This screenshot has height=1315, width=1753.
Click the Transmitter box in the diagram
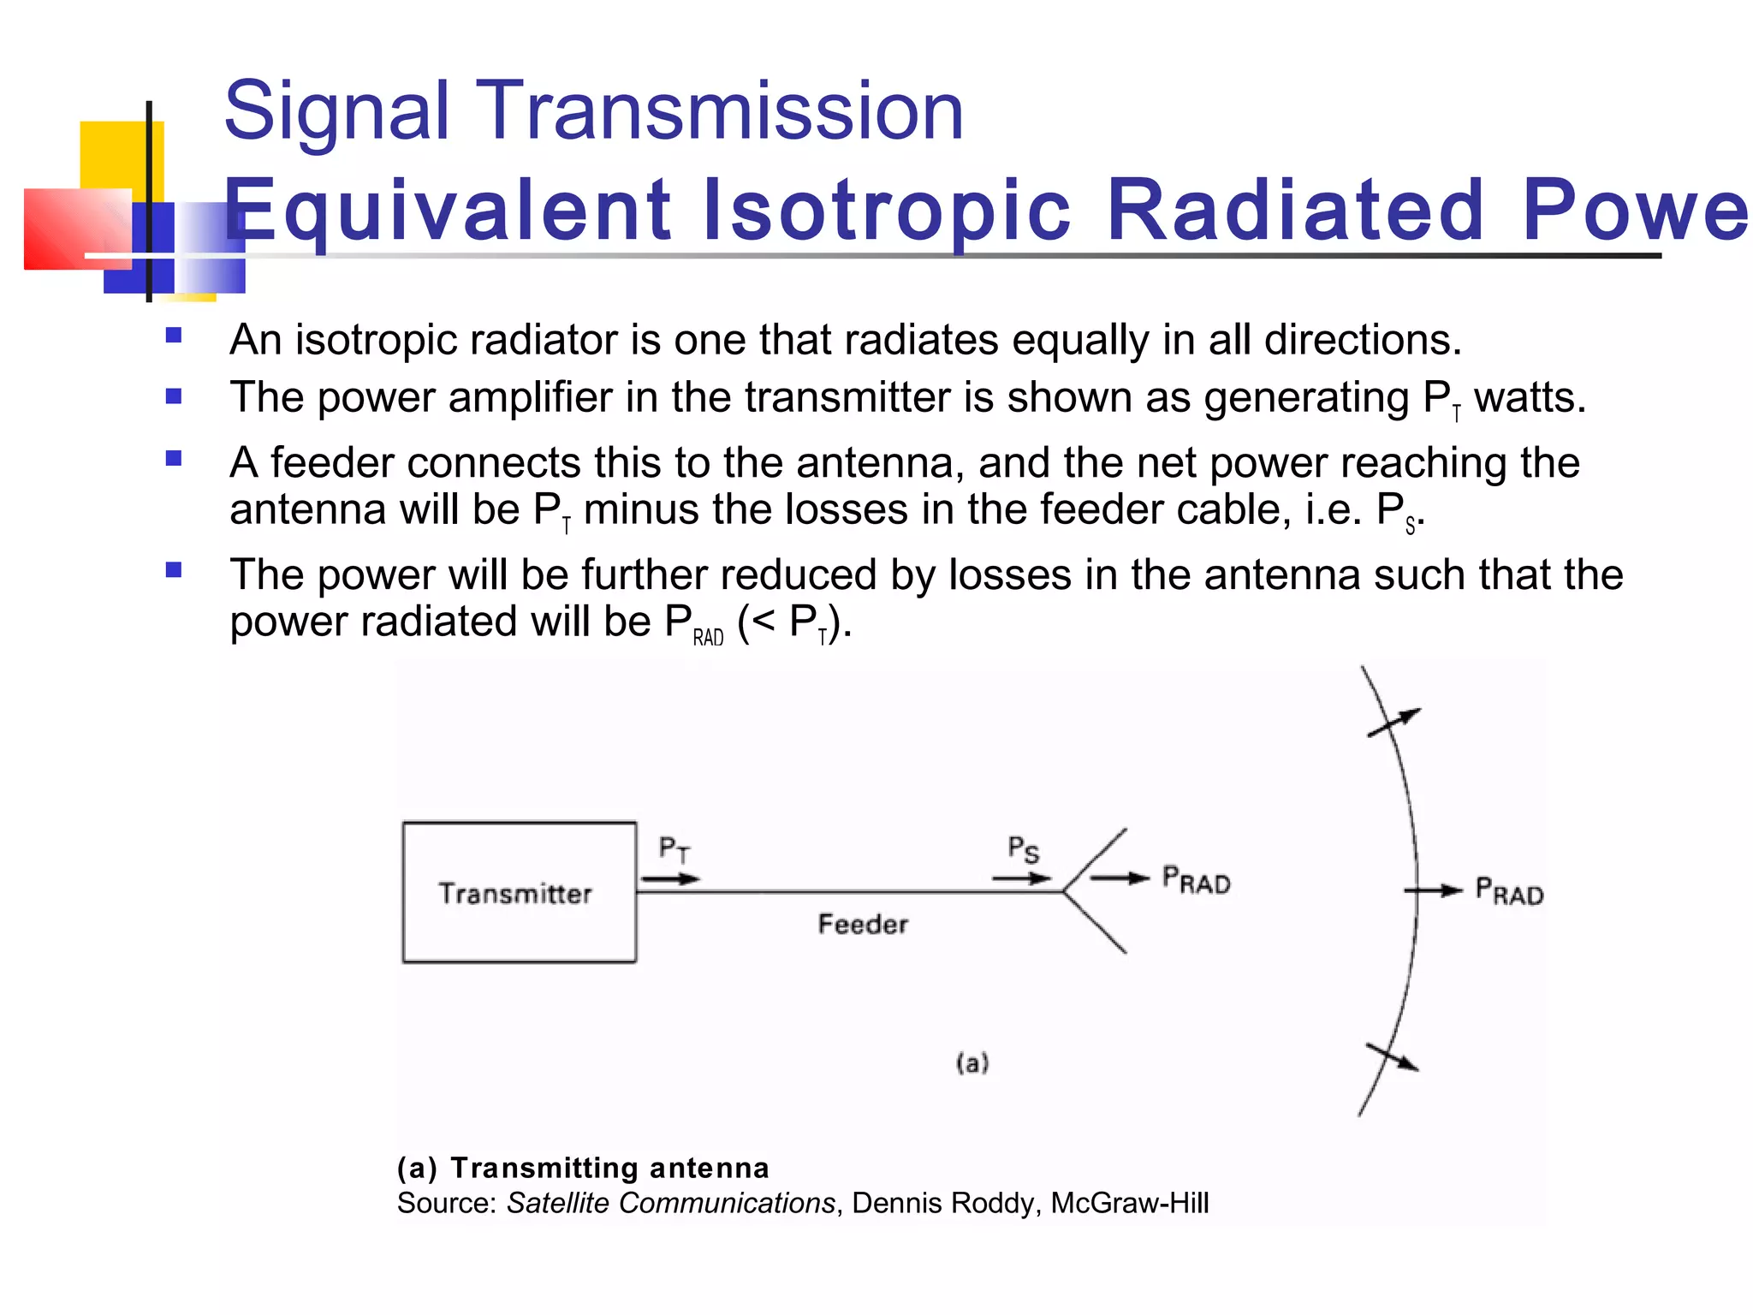click(x=519, y=892)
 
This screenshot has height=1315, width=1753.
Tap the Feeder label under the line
click(x=863, y=925)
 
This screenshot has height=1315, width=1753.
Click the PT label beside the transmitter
click(x=674, y=849)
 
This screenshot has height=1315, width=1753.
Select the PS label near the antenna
click(x=1023, y=849)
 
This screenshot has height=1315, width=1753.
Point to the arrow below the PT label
click(x=670, y=879)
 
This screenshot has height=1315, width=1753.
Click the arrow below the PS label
click(x=1021, y=878)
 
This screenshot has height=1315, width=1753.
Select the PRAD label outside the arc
click(x=1509, y=891)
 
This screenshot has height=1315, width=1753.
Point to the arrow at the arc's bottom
click(x=1392, y=1058)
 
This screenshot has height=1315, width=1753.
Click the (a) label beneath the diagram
click(x=972, y=1063)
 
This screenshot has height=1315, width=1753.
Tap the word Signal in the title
click(x=336, y=111)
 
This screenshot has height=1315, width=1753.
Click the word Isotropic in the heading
click(x=886, y=211)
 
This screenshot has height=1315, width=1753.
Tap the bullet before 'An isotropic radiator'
click(x=174, y=336)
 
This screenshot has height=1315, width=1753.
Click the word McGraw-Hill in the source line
click(x=1129, y=1203)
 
